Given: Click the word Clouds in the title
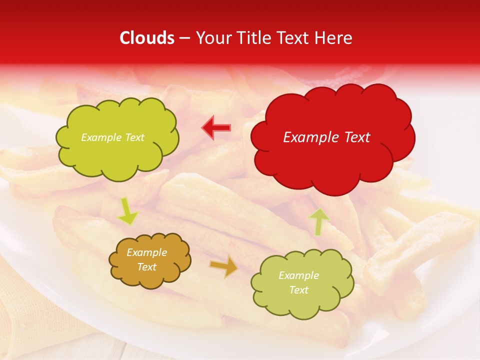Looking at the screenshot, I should (147, 38).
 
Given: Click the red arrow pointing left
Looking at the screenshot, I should (216, 128).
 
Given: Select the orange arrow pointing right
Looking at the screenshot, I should (223, 266).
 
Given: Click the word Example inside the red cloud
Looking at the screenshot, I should (308, 137).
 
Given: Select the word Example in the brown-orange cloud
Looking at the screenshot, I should (146, 252).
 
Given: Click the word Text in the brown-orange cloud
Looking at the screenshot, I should (146, 267).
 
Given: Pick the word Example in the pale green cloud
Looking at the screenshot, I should (298, 275).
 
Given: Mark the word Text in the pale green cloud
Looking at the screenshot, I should (298, 290).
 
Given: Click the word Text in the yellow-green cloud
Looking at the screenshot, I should (133, 137).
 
